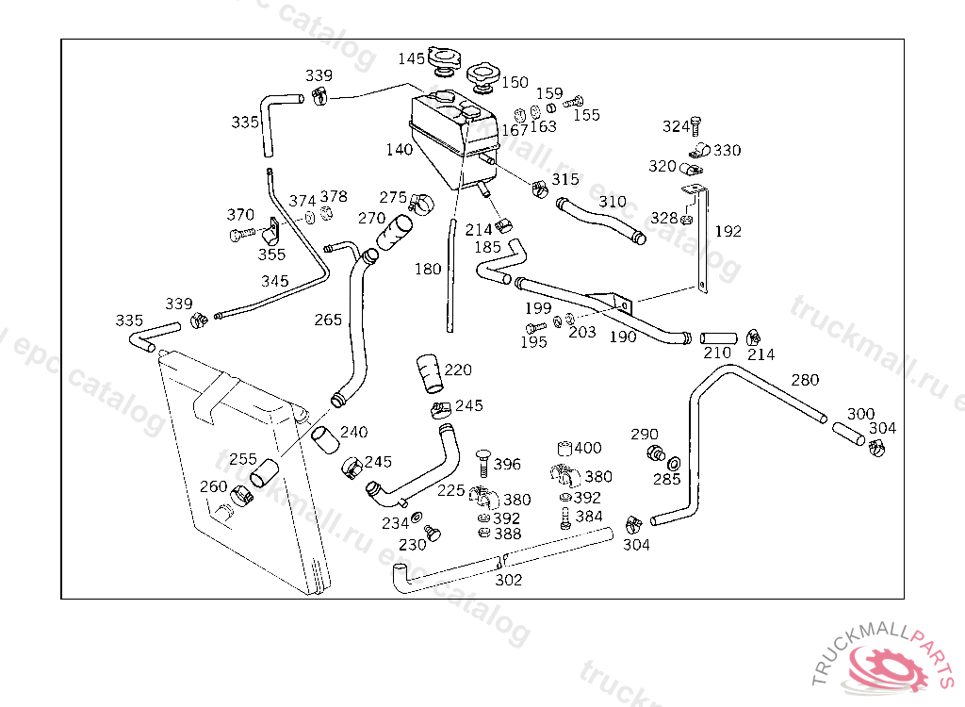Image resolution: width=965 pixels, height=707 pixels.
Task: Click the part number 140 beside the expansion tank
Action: tap(399, 149)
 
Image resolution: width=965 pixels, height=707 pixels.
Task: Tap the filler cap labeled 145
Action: tap(442, 64)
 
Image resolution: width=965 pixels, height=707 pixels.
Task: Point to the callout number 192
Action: tap(728, 231)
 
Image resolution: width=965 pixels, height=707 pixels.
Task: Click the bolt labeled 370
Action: tap(240, 233)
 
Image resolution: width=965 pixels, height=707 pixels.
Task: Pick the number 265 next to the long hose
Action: tap(328, 320)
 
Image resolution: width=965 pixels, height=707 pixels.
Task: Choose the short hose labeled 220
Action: tap(430, 373)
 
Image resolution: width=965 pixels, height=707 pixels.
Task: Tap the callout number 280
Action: tap(805, 380)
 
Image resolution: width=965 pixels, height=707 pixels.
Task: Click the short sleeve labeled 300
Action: tap(847, 435)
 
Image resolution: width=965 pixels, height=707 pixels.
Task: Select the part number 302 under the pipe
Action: tap(509, 580)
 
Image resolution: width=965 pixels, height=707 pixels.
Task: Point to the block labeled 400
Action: tap(565, 449)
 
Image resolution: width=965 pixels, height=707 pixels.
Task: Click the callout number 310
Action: tap(613, 202)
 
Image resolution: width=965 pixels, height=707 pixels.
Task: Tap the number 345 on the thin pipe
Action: tap(275, 281)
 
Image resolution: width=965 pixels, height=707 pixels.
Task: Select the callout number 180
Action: tap(428, 269)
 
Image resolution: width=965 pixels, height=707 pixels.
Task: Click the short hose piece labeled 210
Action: tap(717, 337)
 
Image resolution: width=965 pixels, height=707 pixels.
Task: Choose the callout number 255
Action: tap(243, 459)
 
